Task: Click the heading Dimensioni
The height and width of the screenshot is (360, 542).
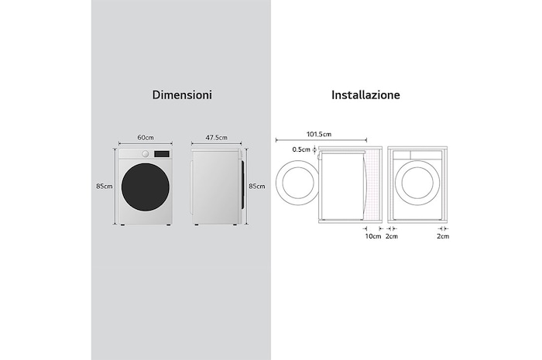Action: click(181, 95)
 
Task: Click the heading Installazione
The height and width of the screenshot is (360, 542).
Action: click(365, 95)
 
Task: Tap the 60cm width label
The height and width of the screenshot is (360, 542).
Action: click(145, 137)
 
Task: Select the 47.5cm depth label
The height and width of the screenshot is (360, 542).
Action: click(217, 137)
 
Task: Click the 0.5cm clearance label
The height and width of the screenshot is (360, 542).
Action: click(300, 149)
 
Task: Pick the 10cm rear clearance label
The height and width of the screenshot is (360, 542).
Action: click(372, 236)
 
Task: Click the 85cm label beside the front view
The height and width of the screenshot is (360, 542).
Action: click(105, 186)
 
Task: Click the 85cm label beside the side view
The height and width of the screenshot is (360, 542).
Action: click(256, 186)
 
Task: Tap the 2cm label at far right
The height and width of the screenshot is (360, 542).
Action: click(442, 236)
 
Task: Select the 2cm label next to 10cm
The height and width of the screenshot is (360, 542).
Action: click(391, 236)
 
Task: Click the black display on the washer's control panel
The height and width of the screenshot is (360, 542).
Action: click(162, 153)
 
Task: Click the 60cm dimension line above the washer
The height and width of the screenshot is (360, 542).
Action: click(145, 144)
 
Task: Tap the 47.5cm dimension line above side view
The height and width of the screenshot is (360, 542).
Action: click(218, 144)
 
